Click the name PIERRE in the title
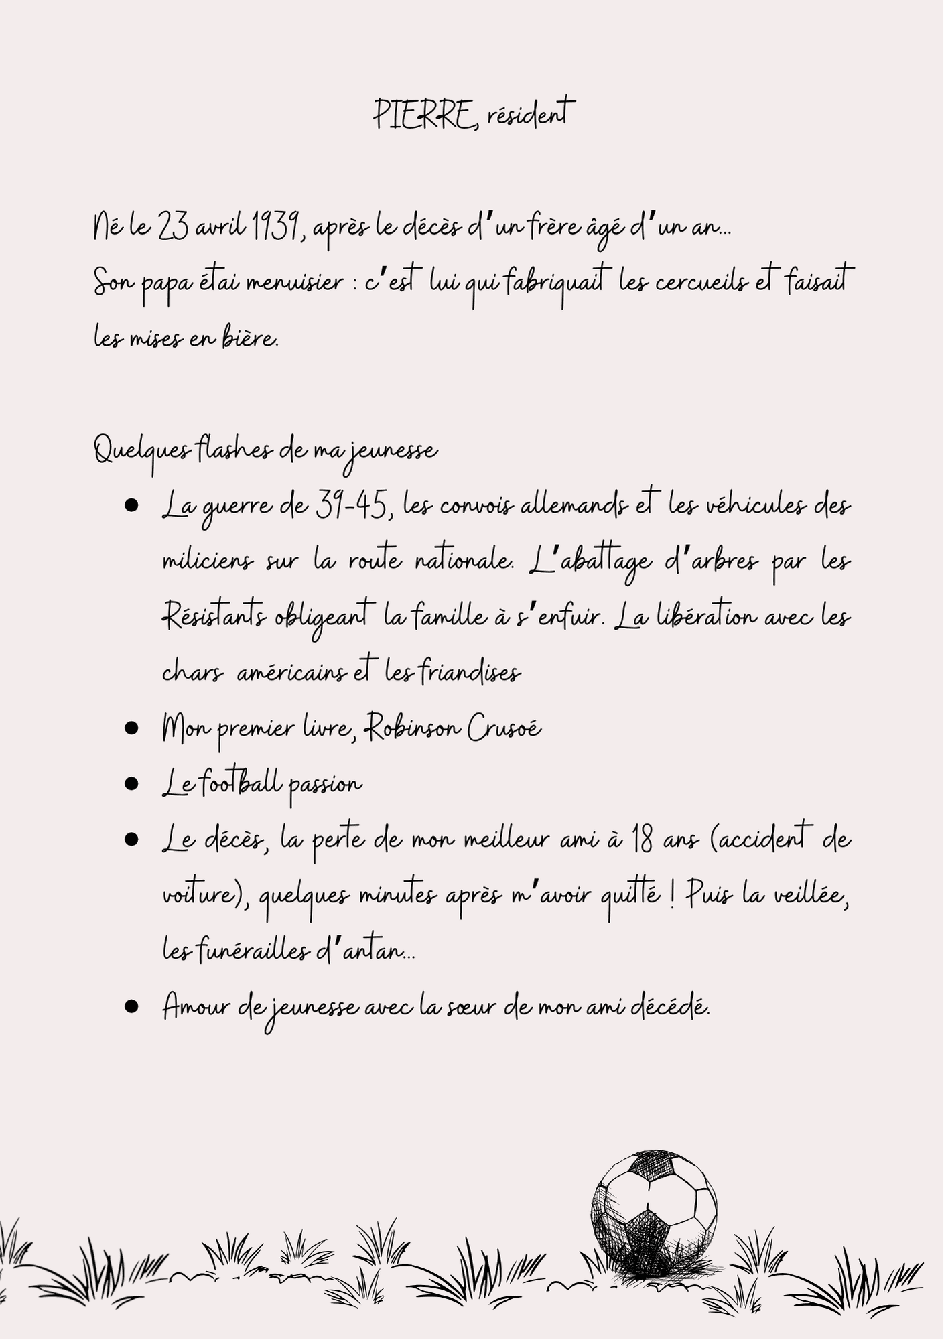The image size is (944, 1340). [x=422, y=115]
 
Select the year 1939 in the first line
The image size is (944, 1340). [x=275, y=228]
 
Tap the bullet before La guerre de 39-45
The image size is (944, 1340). [x=131, y=506]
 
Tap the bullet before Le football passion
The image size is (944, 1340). [x=131, y=784]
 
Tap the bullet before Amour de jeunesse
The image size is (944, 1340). [x=131, y=1006]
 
